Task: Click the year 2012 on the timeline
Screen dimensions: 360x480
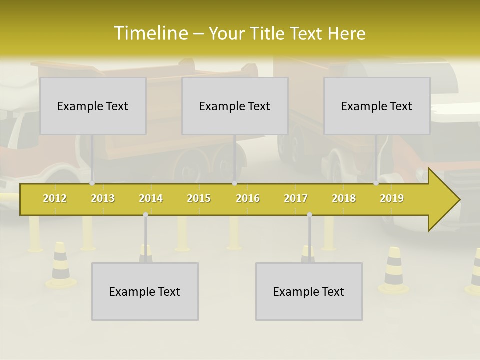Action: [55, 198]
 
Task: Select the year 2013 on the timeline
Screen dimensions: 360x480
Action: [103, 198]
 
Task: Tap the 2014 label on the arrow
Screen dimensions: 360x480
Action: [151, 198]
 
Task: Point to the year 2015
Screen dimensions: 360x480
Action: [199, 198]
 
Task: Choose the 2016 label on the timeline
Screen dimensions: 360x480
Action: [248, 198]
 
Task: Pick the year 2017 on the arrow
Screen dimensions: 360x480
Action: [296, 198]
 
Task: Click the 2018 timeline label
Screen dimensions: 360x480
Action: [344, 198]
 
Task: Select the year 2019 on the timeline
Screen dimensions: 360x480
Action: [392, 198]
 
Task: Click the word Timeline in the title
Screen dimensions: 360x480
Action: [150, 33]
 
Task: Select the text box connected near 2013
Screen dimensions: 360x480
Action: [93, 106]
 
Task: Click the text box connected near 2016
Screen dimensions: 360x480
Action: [235, 106]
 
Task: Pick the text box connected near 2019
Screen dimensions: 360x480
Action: [377, 106]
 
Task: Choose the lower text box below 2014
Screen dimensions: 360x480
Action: [145, 291]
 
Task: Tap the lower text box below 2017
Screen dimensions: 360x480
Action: [309, 291]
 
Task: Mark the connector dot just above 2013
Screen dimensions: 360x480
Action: [92, 183]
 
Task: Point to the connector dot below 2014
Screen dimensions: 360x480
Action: [145, 215]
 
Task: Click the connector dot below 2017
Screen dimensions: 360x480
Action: [309, 215]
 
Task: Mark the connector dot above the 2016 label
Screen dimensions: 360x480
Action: [234, 183]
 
